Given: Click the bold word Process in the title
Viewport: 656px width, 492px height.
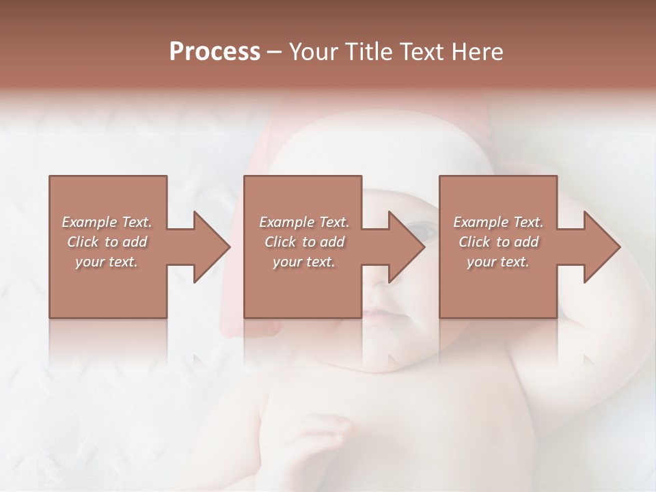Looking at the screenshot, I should click(215, 51).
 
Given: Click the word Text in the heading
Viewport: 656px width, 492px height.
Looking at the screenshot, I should click(422, 51).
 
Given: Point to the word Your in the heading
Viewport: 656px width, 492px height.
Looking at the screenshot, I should click(314, 51).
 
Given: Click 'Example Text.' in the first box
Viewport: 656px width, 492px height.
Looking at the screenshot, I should click(107, 222).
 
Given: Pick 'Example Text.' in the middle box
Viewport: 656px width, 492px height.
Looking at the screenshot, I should click(304, 222).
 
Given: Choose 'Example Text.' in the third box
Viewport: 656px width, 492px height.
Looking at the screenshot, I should click(498, 222).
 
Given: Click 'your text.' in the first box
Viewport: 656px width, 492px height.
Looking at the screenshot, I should click(107, 262).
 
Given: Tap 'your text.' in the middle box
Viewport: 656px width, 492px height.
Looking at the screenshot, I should click(304, 262).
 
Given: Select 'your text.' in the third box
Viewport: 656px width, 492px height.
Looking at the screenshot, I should click(498, 262).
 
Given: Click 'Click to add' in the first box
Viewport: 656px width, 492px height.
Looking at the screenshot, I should click(107, 242).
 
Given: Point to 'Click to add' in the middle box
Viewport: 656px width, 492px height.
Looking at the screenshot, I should click(304, 242).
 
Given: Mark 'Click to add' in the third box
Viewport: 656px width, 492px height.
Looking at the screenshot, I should click(498, 242).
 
